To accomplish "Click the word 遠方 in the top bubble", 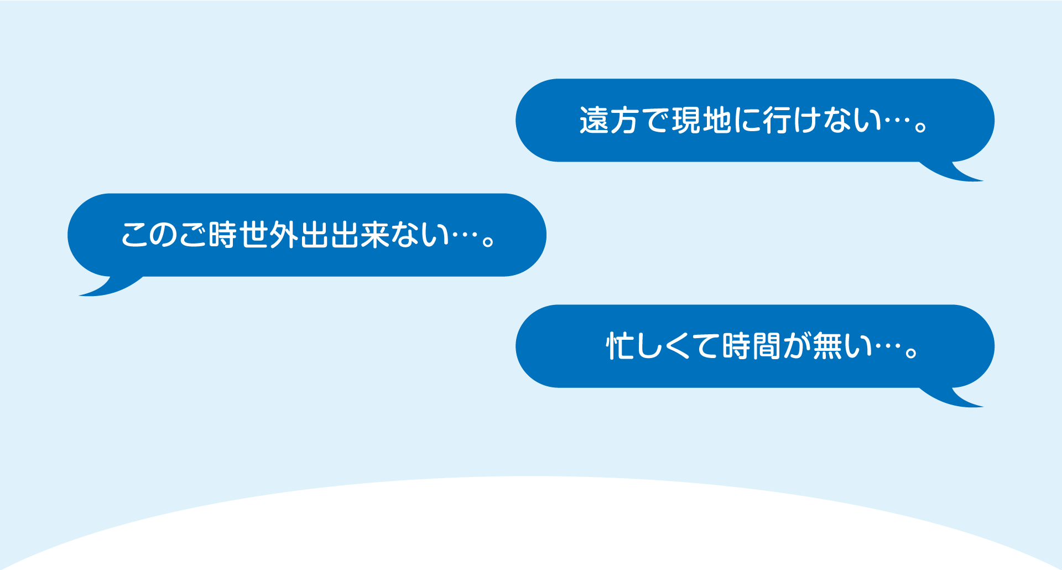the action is [x=609, y=120].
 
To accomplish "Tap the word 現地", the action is [x=702, y=120].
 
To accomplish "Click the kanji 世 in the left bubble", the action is [x=254, y=235].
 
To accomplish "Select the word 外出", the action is [x=299, y=235].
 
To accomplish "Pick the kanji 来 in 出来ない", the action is [x=374, y=235].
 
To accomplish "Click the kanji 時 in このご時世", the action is [x=224, y=235].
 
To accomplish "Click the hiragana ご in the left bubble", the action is [x=194, y=235].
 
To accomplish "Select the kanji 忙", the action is [x=620, y=346].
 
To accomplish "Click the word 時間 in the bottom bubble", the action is [x=752, y=346].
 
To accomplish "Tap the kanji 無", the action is [x=827, y=346].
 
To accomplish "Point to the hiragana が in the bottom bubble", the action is [x=796, y=346].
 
